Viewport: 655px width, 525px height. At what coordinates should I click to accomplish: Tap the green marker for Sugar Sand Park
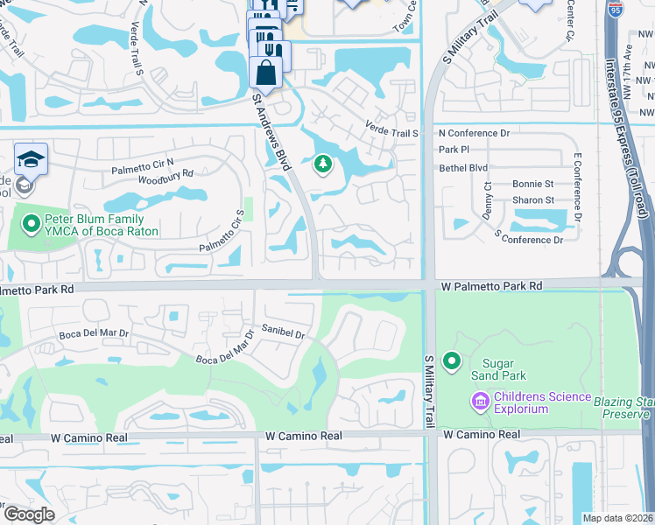(x=452, y=360)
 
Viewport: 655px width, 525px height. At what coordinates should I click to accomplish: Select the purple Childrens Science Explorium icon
(x=480, y=402)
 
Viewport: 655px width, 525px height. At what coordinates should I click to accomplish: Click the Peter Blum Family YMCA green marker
(x=32, y=225)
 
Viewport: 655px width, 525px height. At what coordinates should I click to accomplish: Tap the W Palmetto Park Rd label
(x=491, y=286)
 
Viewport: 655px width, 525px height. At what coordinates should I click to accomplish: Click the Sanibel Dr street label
(x=281, y=332)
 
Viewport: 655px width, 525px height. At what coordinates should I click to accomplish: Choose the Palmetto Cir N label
(x=142, y=163)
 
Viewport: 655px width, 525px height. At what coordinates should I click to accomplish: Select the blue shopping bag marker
(x=266, y=72)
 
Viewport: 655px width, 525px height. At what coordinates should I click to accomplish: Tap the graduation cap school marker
(x=31, y=158)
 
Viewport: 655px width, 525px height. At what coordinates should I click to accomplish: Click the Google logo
(x=28, y=514)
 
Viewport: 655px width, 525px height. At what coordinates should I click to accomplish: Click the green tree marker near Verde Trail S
(x=323, y=164)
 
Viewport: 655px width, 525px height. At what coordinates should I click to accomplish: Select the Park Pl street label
(x=454, y=150)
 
